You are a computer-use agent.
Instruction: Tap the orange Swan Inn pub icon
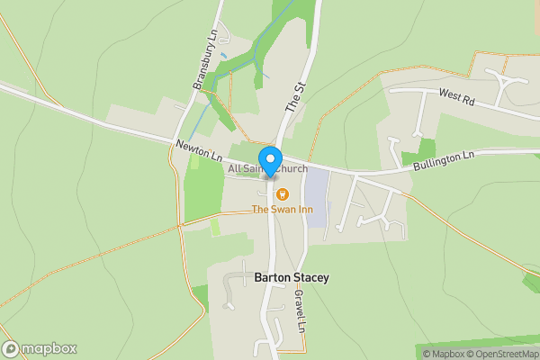(x=281, y=193)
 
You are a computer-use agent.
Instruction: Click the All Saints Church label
(x=268, y=169)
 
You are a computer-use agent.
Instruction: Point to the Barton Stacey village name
(x=291, y=278)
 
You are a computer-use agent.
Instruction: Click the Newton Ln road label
(x=199, y=150)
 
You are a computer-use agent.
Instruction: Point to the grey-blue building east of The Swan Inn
(x=316, y=197)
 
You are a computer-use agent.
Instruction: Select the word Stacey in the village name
(x=310, y=278)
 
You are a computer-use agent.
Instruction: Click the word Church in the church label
(x=291, y=169)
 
